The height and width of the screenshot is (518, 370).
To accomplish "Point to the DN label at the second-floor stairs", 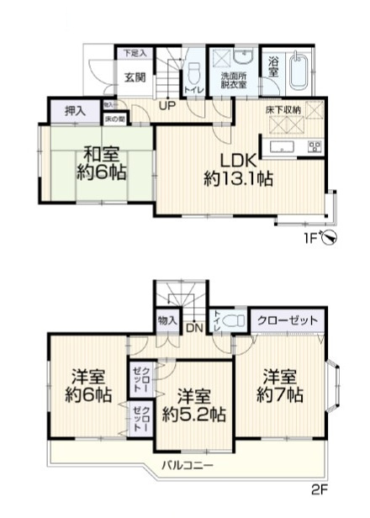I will point(193,328).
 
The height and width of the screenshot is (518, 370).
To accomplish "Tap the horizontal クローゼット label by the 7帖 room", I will point(288,320).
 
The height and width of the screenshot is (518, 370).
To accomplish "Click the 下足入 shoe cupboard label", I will point(135,53).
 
